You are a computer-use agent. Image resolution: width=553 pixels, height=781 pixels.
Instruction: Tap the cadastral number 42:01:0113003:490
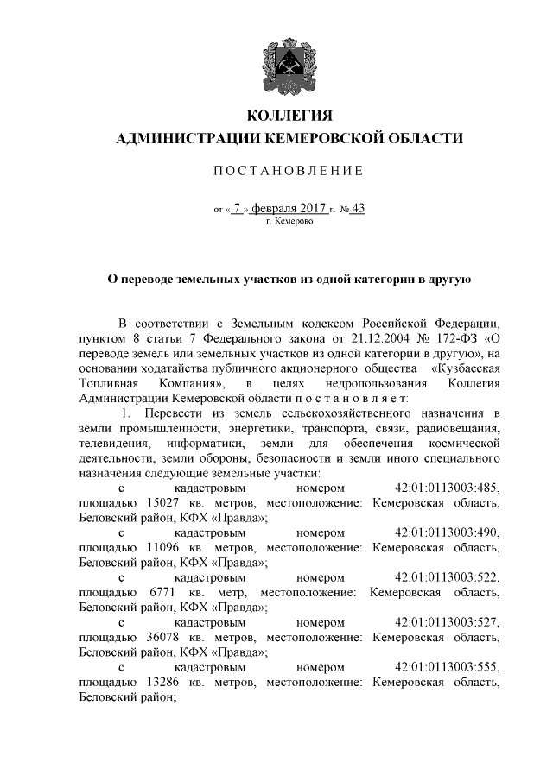pyautogui.click(x=447, y=532)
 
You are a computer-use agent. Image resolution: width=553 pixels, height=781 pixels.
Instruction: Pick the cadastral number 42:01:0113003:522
pyautogui.click(x=447, y=577)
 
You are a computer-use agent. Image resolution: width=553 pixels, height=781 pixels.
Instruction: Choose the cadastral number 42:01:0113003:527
pyautogui.click(x=447, y=623)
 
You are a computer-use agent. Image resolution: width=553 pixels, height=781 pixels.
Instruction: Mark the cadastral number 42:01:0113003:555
pyautogui.click(x=447, y=668)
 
